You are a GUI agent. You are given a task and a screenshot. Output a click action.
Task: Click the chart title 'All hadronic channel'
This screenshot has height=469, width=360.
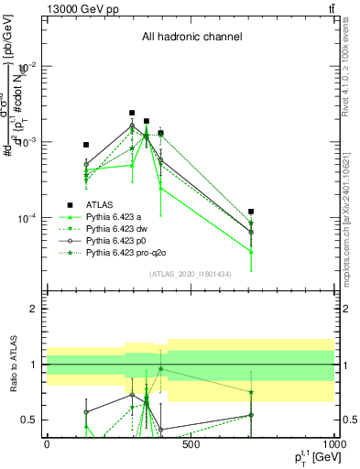[x=191, y=37]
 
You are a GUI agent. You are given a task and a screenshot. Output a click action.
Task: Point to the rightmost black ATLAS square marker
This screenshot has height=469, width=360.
[x=251, y=212]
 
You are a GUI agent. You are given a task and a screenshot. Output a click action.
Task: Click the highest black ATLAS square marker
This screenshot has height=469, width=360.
[x=132, y=113]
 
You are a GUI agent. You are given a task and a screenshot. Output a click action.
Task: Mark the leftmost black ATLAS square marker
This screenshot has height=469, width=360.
[x=86, y=145]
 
